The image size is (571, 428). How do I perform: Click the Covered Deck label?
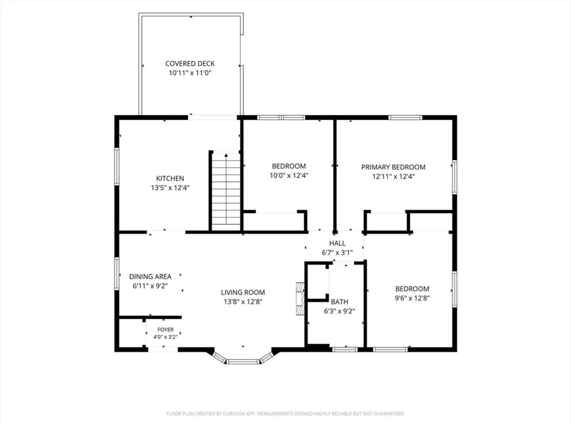190,64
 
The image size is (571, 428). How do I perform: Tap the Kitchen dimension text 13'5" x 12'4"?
170,187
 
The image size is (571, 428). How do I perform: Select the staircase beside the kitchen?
226,192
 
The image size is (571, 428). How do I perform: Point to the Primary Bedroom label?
393,167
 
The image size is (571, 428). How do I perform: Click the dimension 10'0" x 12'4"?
289,176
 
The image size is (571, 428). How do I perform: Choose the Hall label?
337,243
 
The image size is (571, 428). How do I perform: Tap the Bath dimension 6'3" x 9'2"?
339,311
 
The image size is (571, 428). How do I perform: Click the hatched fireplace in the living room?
300,299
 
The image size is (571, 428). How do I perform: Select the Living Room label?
243,292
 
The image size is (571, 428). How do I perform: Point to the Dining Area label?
150,277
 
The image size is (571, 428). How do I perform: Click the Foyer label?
165,329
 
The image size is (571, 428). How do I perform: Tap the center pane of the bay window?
243,361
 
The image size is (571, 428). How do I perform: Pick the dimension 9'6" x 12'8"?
412,298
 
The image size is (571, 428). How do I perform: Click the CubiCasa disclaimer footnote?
285,413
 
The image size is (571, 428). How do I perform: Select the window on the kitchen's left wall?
117,166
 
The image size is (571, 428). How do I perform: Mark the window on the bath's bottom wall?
345,350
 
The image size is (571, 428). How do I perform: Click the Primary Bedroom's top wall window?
405,117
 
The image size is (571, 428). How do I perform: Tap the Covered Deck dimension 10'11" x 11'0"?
190,73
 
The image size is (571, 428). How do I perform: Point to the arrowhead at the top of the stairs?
226,155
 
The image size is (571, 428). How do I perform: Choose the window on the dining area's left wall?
117,273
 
